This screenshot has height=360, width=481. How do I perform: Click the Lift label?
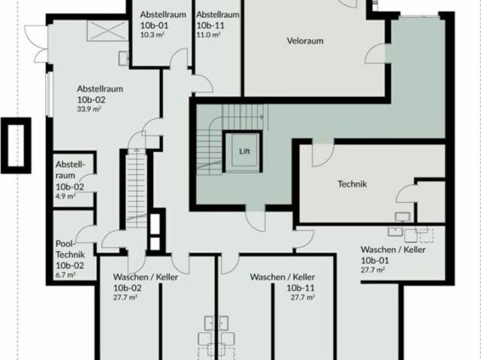click(x=244, y=151)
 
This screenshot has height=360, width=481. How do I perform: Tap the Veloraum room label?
click(x=305, y=41)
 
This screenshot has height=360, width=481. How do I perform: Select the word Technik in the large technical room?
click(x=352, y=184)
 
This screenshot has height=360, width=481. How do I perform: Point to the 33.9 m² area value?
click(x=89, y=109)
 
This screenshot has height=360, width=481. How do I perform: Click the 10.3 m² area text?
click(x=152, y=35)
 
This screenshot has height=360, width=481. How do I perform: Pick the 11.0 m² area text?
click(x=208, y=35)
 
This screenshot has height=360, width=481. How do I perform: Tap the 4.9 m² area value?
click(x=65, y=196)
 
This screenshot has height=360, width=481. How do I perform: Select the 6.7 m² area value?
click(x=65, y=275)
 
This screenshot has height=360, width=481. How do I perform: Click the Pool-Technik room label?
click(x=70, y=249)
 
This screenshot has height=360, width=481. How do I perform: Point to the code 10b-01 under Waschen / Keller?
click(x=374, y=260)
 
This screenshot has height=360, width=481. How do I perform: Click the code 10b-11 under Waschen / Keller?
click(x=301, y=288)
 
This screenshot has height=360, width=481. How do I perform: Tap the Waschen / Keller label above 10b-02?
click(x=145, y=277)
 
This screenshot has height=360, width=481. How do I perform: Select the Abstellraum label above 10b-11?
click(x=218, y=14)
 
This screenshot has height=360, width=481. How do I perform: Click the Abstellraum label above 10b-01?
click(x=163, y=14)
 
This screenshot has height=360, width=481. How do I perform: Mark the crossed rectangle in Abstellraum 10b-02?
click(x=107, y=31)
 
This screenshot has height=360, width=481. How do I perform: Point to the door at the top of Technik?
click(x=323, y=155)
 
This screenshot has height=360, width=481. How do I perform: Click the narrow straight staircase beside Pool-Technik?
click(x=136, y=188)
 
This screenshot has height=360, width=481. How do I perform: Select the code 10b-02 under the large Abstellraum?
click(x=91, y=100)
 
